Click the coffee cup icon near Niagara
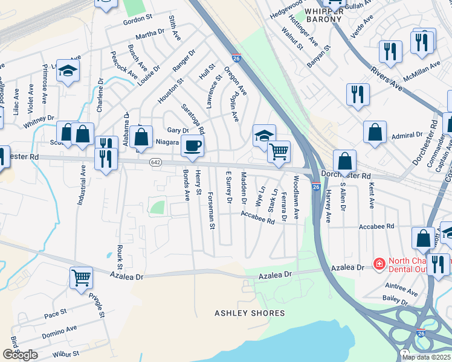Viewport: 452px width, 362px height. pos(192,146)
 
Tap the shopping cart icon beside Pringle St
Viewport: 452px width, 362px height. pos(81,278)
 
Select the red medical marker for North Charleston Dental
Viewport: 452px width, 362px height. pos(378,264)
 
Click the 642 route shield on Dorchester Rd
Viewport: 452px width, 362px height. pos(156,164)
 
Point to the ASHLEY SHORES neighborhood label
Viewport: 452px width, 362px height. pos(250,313)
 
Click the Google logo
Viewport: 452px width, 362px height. pos(20,355)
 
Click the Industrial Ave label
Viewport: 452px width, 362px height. pos(80,188)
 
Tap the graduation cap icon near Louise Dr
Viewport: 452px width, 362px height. pos(68,71)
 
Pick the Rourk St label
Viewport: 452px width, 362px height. pos(120,257)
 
